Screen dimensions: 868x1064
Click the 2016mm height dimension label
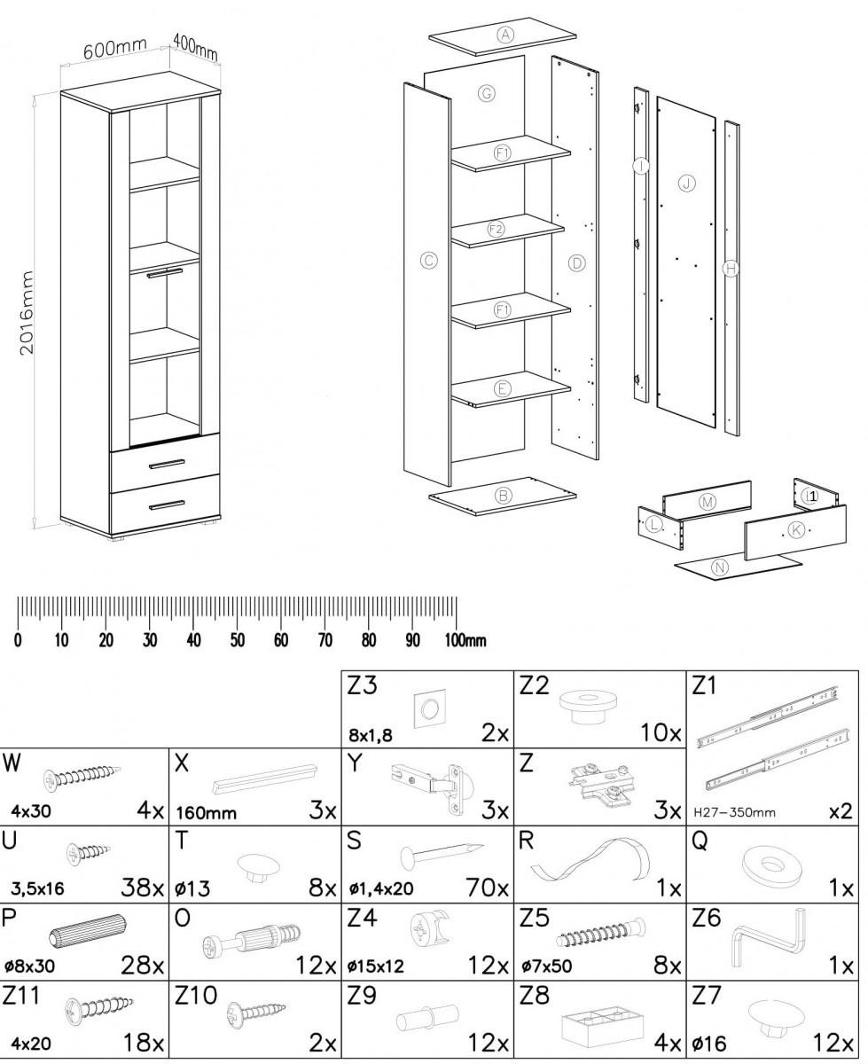coord(27,313)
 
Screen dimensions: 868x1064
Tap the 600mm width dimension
coord(115,49)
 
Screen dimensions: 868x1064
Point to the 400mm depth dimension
coord(195,46)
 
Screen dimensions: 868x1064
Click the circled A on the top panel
coord(504,35)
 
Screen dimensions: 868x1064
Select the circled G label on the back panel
coord(487,93)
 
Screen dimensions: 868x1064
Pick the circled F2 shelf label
coord(497,230)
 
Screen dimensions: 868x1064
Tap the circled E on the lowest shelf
coord(502,388)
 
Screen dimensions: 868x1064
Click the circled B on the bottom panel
coord(503,496)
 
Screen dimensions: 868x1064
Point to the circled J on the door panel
coord(686,184)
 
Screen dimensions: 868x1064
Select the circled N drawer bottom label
coord(720,567)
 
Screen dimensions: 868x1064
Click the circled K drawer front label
coord(796,529)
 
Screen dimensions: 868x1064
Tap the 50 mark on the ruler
coord(238,640)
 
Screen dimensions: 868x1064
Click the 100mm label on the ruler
coord(465,640)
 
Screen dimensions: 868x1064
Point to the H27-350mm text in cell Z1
coord(734,812)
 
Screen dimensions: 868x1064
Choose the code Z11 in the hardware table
coord(20,996)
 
